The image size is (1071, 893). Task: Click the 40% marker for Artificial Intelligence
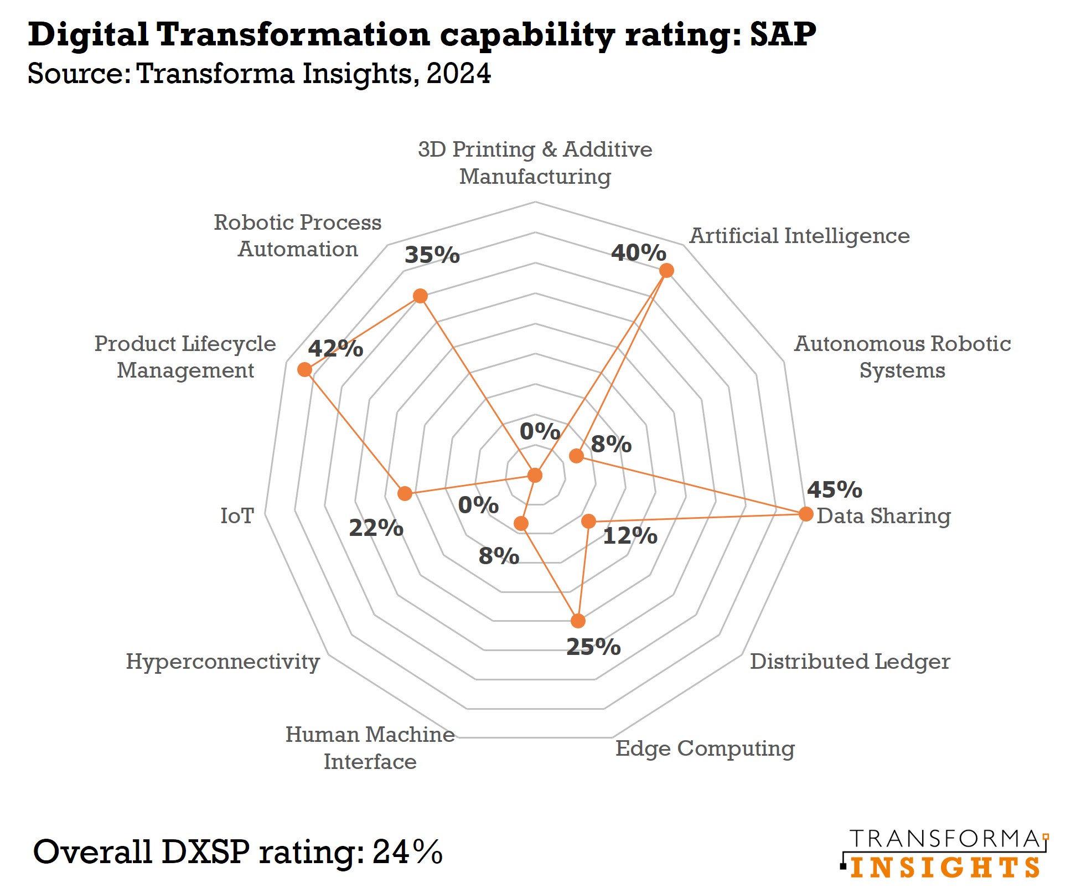(666, 270)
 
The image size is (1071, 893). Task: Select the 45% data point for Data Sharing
(806, 514)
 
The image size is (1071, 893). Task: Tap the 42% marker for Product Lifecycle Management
(304, 369)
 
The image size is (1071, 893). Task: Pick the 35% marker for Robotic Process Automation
(420, 296)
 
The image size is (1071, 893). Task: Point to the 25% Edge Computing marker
(578, 621)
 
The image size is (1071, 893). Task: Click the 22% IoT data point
(405, 493)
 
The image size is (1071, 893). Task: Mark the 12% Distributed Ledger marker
(588, 521)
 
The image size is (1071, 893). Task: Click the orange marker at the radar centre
(535, 475)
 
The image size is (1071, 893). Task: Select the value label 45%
(834, 489)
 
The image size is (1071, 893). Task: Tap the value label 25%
(593, 647)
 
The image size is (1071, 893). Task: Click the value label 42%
(335, 349)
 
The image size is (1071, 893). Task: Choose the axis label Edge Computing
(705, 748)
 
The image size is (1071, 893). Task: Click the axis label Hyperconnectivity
(223, 661)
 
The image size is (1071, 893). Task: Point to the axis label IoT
(237, 515)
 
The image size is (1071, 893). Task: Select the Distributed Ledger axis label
(850, 661)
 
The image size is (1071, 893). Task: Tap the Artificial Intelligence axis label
(799, 236)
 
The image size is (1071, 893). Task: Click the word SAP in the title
(783, 34)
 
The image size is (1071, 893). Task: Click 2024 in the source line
(458, 74)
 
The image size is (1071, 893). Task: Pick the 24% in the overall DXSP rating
(407, 851)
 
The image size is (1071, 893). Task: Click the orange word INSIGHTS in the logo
(944, 868)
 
